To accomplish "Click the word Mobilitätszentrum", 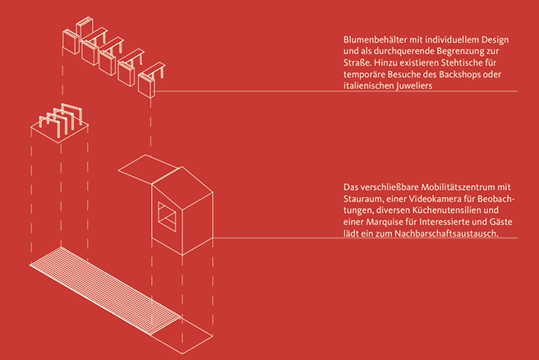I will (x=465, y=187).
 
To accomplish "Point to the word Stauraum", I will (x=365, y=199).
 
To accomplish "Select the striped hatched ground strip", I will (x=105, y=288).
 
